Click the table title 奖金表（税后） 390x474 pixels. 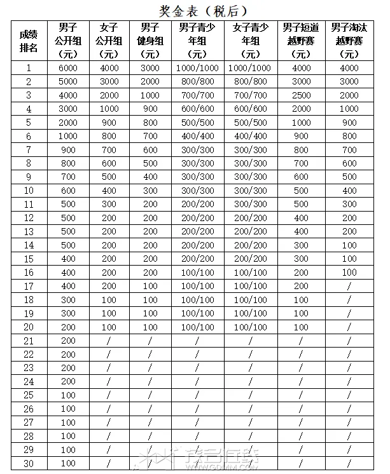(203, 11)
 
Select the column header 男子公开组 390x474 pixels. (67, 41)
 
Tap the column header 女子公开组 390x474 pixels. (109, 41)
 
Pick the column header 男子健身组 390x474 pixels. (150, 41)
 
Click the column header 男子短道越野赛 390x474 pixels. (301, 41)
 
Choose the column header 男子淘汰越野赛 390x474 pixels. (349, 41)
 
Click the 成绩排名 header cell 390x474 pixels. (29, 41)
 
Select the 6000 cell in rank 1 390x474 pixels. (67, 68)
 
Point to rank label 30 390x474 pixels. (29, 463)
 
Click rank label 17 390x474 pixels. (29, 286)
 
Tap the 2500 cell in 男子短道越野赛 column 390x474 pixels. (301, 95)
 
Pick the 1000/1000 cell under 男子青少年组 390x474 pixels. (198, 68)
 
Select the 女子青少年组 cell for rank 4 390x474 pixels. (251, 109)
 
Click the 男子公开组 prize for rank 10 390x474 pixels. (67, 191)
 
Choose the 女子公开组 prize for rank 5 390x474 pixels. (109, 123)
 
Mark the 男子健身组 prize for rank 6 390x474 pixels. (150, 136)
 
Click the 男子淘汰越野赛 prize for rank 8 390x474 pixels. (349, 163)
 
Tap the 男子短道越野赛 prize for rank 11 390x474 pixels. (301, 204)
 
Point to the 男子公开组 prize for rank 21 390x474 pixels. (67, 341)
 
